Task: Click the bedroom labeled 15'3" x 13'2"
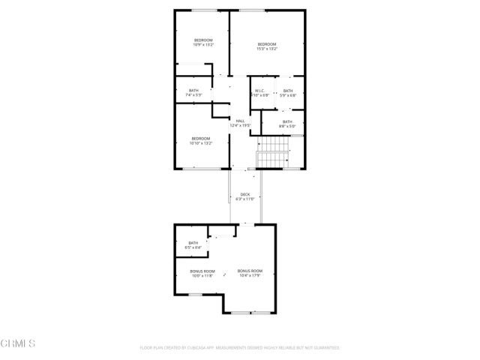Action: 267,46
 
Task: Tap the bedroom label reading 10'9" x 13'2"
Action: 203,43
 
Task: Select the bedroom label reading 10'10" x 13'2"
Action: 201,141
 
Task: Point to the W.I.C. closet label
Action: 259,93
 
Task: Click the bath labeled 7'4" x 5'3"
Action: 193,93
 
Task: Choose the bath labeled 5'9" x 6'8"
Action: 288,93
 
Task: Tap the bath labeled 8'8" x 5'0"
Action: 287,124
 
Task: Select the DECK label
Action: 244,196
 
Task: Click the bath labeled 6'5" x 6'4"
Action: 193,244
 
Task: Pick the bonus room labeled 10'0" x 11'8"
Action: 202,273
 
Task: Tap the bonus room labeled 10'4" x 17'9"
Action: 250,273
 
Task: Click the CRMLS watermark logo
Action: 19,344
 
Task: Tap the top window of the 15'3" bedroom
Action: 252,10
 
